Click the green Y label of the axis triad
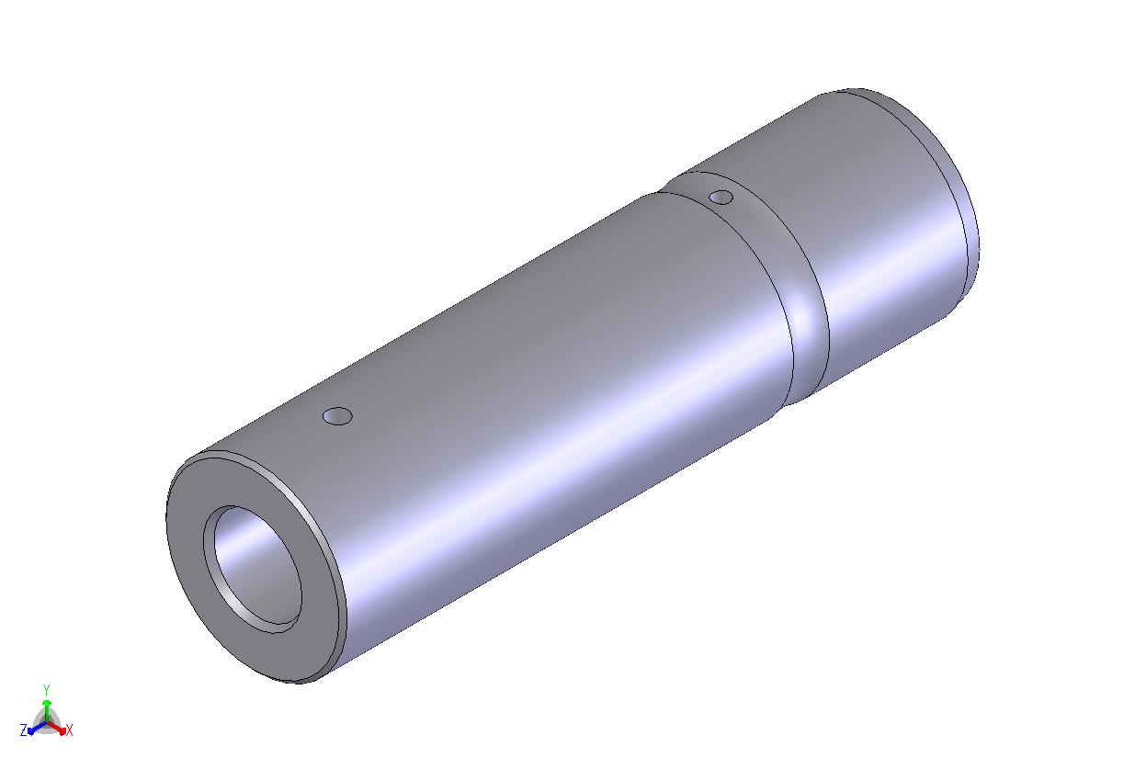(x=47, y=690)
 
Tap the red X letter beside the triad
(x=70, y=730)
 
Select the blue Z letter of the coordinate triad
(x=24, y=730)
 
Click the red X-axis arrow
(x=56, y=728)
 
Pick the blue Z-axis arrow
(x=38, y=728)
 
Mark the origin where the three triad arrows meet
(x=47, y=723)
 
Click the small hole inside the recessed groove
(x=721, y=197)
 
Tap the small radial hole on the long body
(x=337, y=416)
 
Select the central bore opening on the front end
(x=255, y=568)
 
